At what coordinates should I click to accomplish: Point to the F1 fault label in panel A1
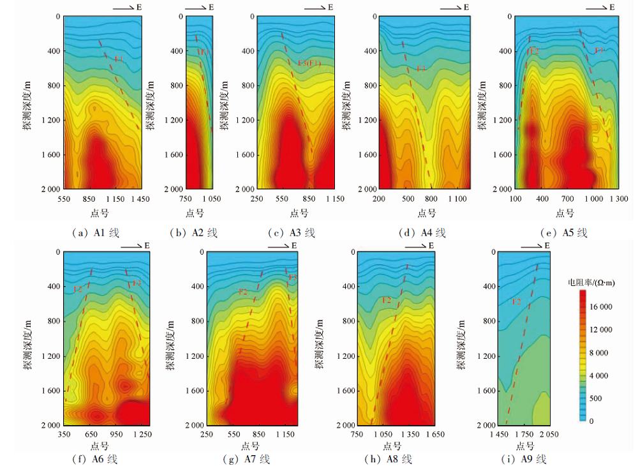coord(118,59)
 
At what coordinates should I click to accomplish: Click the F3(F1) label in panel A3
coord(309,63)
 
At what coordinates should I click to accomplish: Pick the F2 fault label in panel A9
coord(517,301)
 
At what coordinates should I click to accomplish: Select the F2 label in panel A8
coord(386,299)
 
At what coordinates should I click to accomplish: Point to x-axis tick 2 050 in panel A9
coord(548,435)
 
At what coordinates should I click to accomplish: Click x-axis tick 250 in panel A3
coord(256,199)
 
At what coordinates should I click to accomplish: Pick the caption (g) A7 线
coord(249,459)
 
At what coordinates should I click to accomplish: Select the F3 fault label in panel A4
coord(420,68)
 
